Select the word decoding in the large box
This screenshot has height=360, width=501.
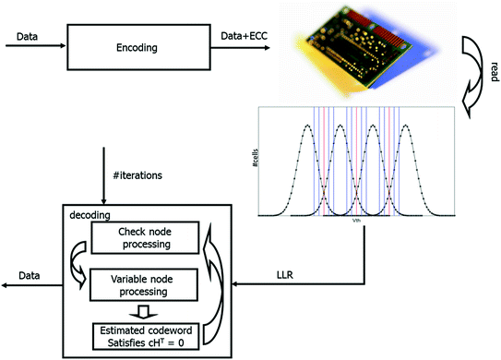(x=89, y=213)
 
